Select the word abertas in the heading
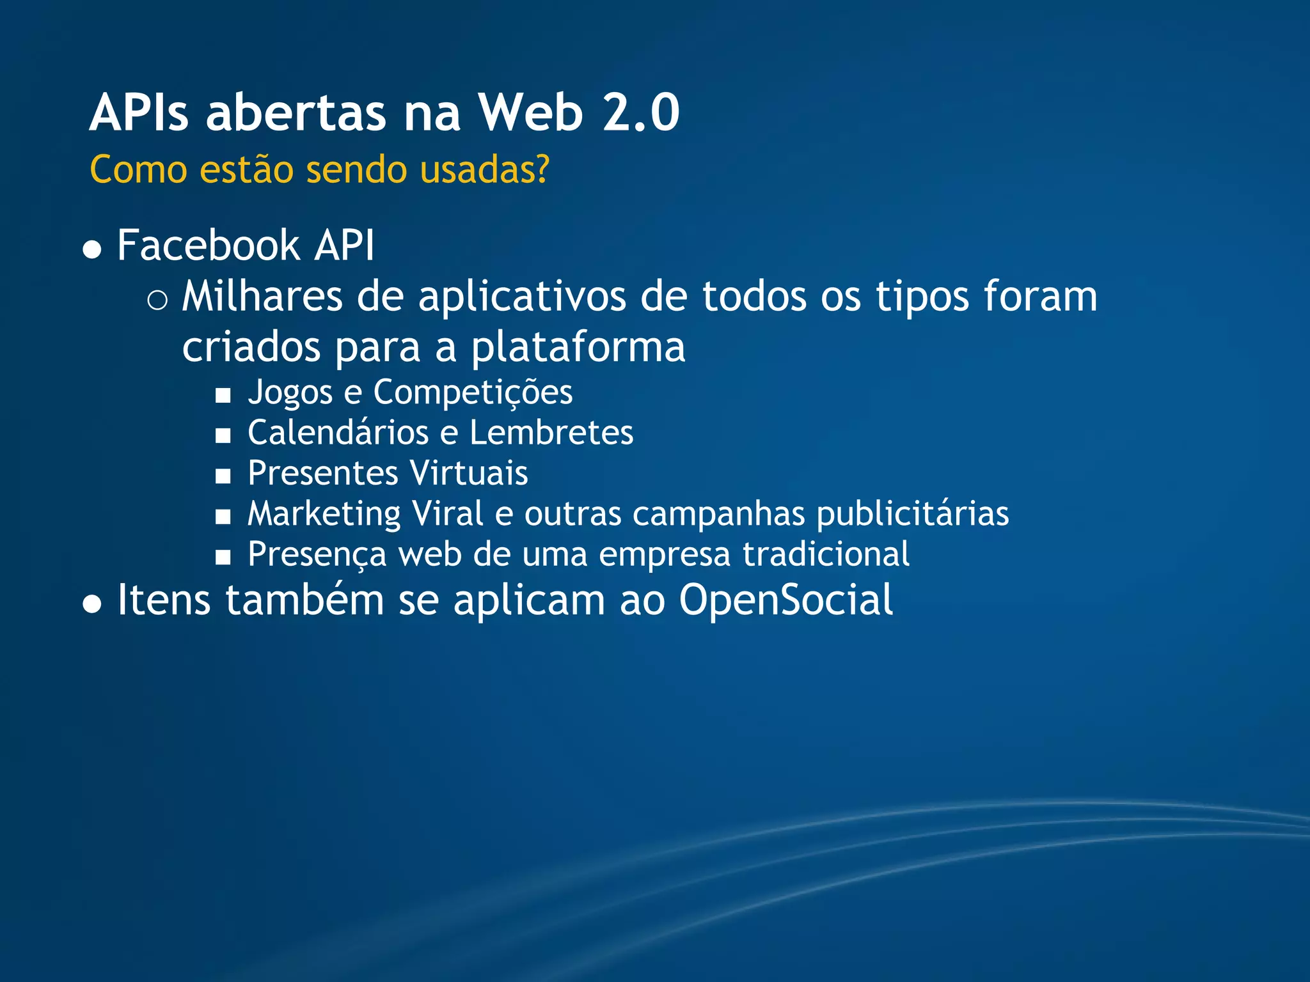click(296, 113)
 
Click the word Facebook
click(208, 245)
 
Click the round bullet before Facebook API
click(93, 249)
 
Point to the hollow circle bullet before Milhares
click(157, 300)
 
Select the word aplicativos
click(522, 297)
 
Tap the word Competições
click(473, 392)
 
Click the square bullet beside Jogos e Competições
click(223, 396)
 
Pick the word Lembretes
click(551, 433)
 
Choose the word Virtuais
click(468, 473)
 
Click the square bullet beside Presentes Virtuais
click(223, 476)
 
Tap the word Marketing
click(324, 514)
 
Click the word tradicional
click(826, 554)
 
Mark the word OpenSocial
click(785, 600)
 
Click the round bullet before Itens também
click(93, 604)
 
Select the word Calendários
click(338, 433)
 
